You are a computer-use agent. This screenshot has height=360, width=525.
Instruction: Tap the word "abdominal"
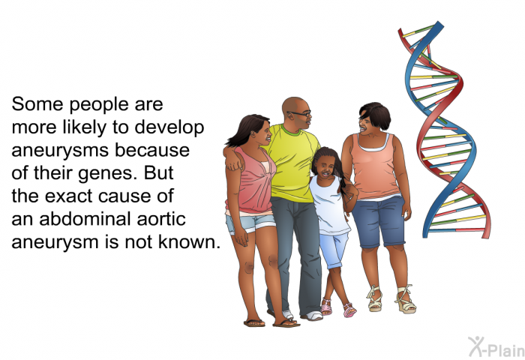pos(85,219)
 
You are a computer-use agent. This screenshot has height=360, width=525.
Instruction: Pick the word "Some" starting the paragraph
pos(37,104)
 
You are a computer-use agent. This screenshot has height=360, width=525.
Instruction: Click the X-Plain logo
pos(496,347)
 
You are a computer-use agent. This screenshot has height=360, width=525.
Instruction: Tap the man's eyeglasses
pos(300,113)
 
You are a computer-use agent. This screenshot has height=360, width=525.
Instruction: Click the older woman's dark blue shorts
pos(379,221)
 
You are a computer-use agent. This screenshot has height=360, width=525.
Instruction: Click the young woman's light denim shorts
pos(250,223)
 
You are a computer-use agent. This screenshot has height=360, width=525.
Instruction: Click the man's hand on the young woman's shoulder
pos(234,161)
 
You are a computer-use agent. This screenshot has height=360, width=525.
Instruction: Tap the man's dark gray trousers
pos(295,254)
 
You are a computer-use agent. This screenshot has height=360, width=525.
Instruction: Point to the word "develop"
pos(169,128)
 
